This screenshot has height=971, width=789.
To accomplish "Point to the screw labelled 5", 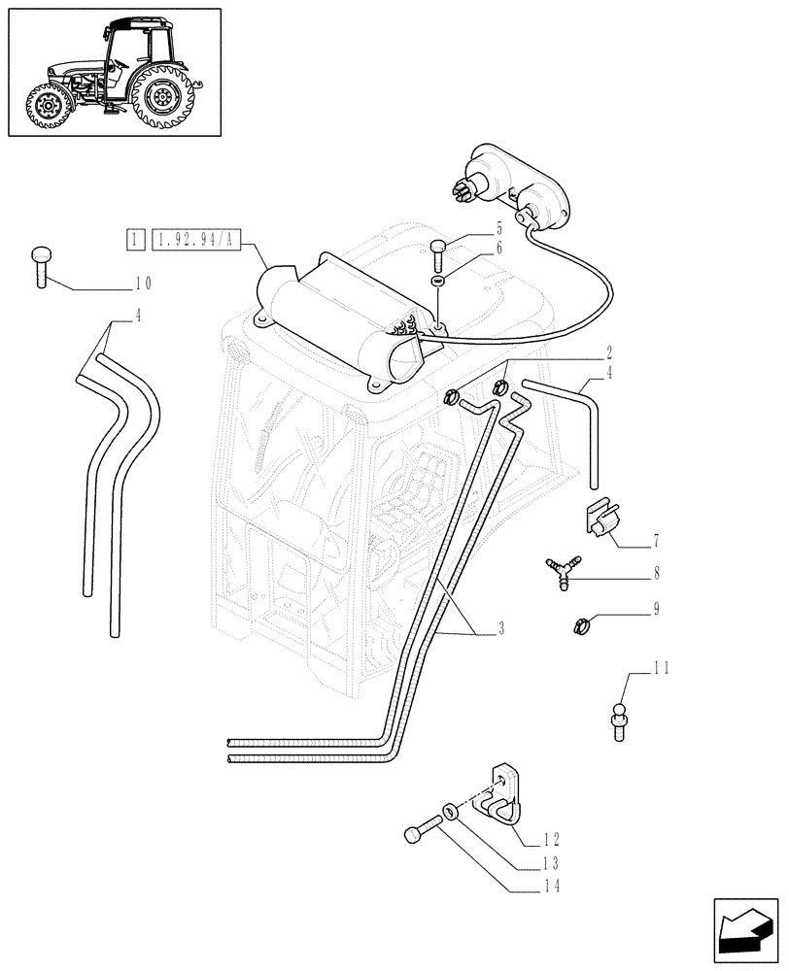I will click(438, 253).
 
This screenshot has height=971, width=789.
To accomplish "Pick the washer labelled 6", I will click(438, 281).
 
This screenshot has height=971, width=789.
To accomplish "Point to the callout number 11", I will click(661, 669).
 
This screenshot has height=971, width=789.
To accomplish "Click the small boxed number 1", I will click(135, 238).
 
